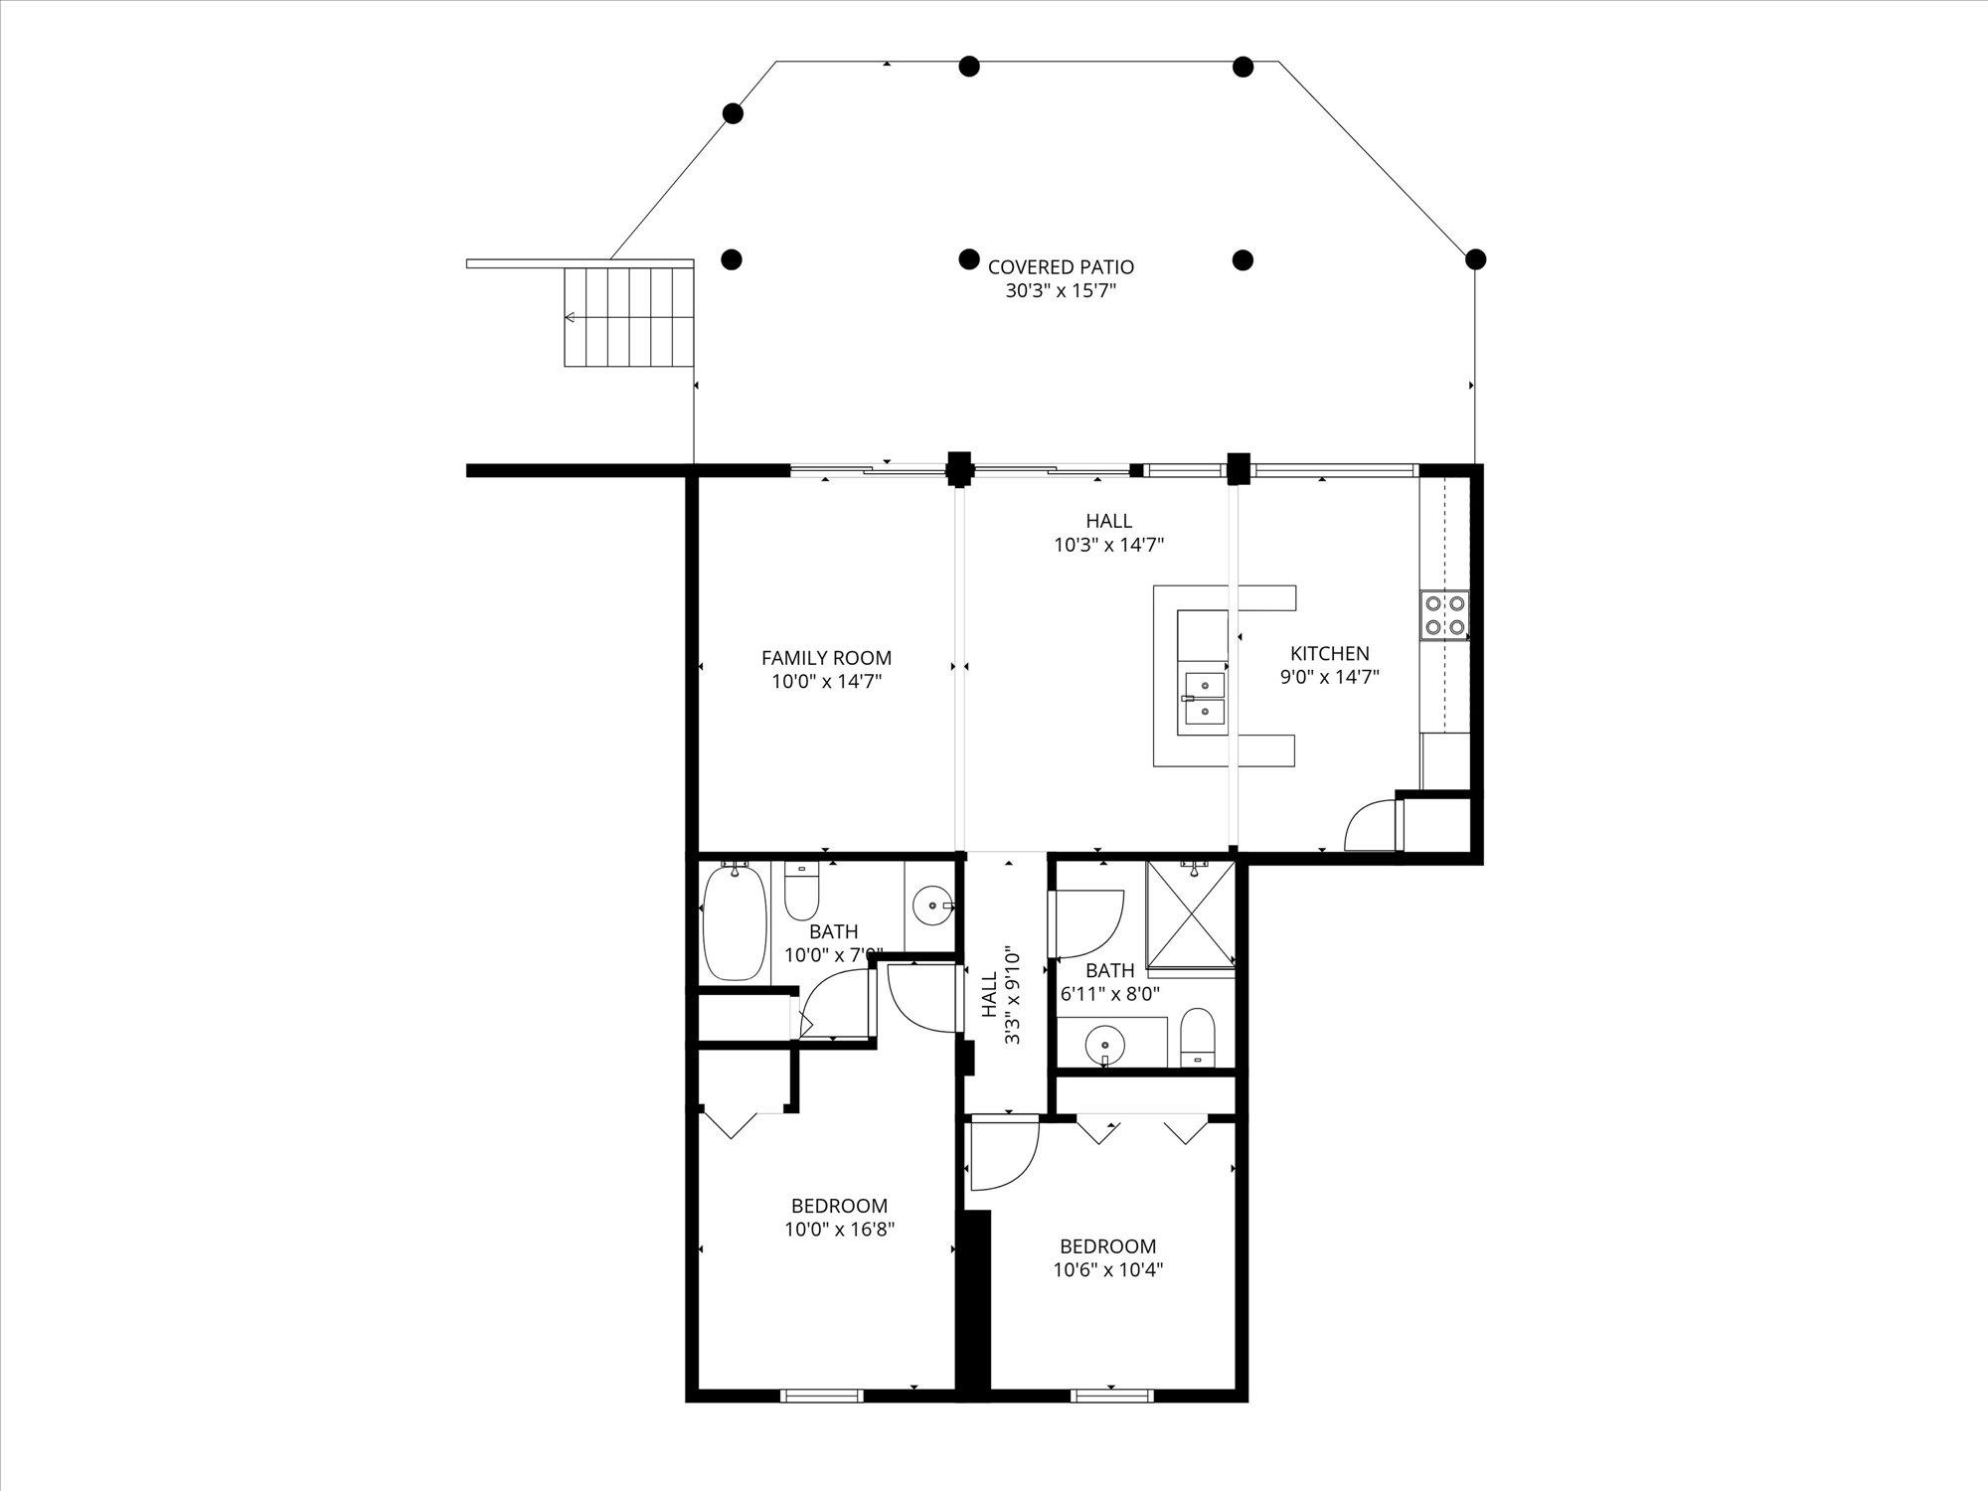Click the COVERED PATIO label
(1061, 267)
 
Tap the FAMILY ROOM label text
(826, 658)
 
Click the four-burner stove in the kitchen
(1444, 614)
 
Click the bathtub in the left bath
(735, 922)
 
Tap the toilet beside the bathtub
(800, 892)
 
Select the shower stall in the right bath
(1190, 912)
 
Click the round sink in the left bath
(932, 906)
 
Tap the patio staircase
(628, 317)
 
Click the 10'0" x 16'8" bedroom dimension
(839, 1230)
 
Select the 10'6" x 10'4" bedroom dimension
(1107, 1269)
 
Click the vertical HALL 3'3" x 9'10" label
(1001, 995)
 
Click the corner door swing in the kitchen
(1369, 826)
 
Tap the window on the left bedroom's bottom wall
(821, 1396)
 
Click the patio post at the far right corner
(1476, 259)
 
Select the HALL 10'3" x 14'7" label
(1108, 533)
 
